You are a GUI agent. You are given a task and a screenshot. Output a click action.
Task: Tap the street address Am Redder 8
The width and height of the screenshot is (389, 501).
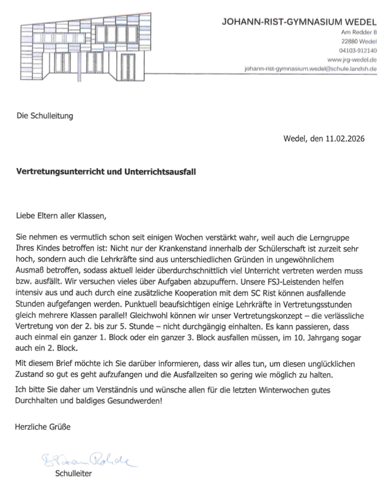359,32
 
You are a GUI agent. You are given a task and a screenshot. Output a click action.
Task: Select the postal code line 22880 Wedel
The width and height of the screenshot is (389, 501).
359,42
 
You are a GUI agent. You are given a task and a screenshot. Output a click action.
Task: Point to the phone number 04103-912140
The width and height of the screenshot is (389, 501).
358,51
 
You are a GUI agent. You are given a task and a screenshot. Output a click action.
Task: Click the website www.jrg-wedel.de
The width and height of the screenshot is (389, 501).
352,60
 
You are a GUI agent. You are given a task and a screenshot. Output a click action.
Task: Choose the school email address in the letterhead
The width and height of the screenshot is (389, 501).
310,69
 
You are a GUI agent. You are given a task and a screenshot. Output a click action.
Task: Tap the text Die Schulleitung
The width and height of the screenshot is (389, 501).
45,115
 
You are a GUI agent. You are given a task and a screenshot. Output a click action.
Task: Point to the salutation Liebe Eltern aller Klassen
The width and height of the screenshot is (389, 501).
59,217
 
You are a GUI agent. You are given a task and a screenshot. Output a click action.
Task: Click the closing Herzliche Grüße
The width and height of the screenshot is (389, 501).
43,427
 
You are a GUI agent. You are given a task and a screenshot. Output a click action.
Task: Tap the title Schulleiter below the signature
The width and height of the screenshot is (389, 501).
73,474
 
